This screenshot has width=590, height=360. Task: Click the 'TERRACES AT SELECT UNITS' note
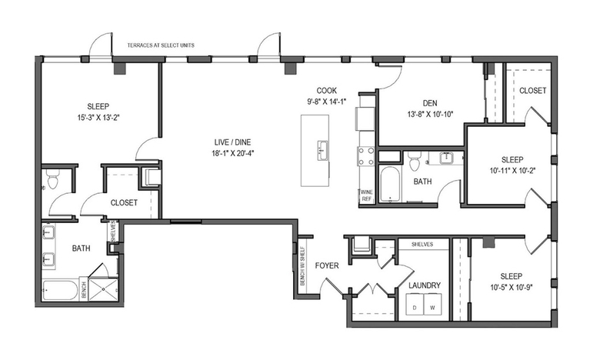pos(161,45)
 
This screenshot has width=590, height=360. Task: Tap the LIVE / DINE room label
pos(232,142)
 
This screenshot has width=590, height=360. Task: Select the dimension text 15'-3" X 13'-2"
pos(98,118)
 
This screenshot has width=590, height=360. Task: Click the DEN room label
pos(430,103)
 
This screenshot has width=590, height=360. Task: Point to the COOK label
pos(327,91)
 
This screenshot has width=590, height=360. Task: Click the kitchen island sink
pos(323,150)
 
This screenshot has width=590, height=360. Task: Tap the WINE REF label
pos(366,195)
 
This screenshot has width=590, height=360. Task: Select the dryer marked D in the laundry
pos(415,304)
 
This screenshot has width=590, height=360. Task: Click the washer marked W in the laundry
pos(433,304)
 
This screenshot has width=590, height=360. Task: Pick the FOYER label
pos(327,265)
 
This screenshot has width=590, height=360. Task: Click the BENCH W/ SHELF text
pos(303,265)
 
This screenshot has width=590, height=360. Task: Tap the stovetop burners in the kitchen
pos(365,156)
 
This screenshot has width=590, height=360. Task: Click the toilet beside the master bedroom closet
pos(52,180)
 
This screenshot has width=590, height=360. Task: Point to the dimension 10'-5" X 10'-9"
pos(512,288)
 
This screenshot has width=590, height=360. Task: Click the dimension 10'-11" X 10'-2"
pos(512,171)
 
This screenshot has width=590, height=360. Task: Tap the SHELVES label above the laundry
pos(422,245)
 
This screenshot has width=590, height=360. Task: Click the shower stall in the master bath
pos(103,289)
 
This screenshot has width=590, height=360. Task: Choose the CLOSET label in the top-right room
pos(533,91)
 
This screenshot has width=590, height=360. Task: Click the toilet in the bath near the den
pos(414,162)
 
